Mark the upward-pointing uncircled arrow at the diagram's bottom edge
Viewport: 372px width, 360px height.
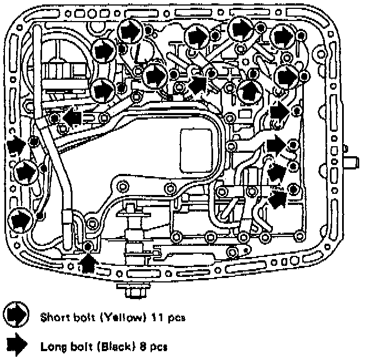87,260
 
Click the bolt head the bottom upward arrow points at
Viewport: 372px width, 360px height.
88,246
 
